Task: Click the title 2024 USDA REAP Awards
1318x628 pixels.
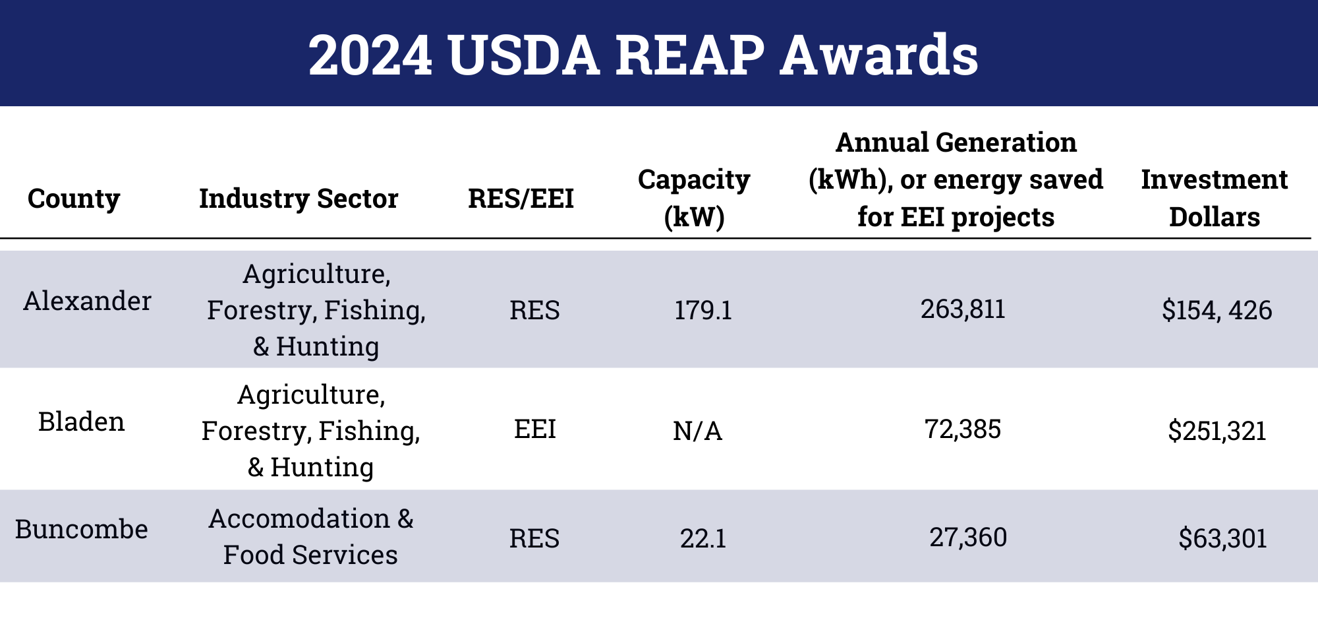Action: [643, 55]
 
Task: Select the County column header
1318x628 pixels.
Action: [74, 199]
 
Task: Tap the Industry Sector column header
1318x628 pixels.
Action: [299, 199]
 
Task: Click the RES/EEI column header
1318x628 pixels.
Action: [521, 199]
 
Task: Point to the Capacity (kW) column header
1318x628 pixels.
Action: [694, 198]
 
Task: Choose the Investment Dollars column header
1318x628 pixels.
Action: [1215, 198]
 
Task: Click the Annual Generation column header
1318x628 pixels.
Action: [956, 179]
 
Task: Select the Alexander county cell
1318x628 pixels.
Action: [87, 301]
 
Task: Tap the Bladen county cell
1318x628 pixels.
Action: [81, 422]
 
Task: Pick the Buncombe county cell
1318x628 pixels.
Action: [81, 530]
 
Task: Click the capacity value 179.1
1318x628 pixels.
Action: [703, 310]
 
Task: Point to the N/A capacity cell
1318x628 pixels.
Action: [697, 431]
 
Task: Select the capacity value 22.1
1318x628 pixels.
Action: [703, 539]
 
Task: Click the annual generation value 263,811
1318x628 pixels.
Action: [963, 309]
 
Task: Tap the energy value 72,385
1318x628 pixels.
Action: [963, 429]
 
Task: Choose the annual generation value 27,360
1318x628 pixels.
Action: [968, 538]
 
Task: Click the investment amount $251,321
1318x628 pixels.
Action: [1217, 431]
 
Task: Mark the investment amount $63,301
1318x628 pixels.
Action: [1222, 539]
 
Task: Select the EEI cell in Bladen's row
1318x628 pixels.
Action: [534, 429]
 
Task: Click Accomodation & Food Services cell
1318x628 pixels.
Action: [310, 537]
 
